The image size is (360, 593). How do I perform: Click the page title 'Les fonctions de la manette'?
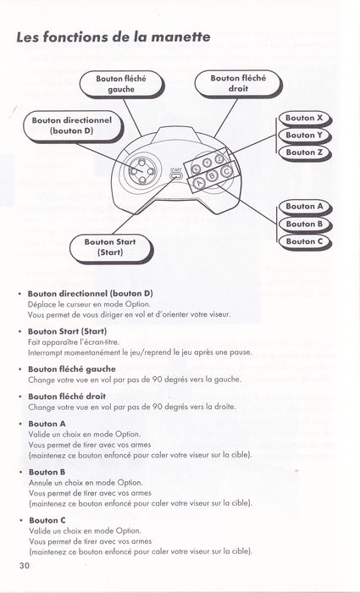[114, 37]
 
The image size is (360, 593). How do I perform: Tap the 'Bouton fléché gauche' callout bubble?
[121, 84]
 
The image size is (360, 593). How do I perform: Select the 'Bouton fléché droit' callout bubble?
[238, 84]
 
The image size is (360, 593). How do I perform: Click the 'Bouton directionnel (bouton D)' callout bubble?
[72, 126]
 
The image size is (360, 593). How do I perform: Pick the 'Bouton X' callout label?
[304, 119]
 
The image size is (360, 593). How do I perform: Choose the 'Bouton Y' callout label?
[304, 136]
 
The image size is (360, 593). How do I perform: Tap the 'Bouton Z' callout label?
[304, 152]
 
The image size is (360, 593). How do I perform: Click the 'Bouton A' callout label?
[304, 207]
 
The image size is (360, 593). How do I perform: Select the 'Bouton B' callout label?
[304, 224]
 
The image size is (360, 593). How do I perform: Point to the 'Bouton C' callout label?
[304, 241]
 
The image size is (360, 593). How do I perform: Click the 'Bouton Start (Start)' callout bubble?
[110, 247]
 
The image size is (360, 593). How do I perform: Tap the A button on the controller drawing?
[199, 184]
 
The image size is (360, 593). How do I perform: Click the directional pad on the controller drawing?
[141, 171]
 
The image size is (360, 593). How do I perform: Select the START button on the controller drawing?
[176, 175]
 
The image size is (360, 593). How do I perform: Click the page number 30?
[25, 566]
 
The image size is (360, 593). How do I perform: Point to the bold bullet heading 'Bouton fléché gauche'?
[72, 369]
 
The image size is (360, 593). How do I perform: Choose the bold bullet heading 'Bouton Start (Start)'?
[67, 332]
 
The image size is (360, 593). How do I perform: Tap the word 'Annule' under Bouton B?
[40, 483]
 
